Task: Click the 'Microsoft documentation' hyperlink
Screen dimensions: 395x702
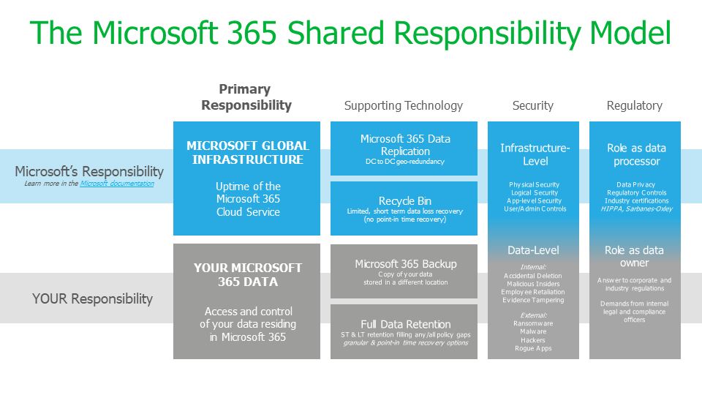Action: coord(117,184)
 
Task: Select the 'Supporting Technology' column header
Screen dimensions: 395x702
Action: coord(404,105)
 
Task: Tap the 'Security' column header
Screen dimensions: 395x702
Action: coord(532,105)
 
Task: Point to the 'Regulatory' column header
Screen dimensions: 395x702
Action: coord(634,105)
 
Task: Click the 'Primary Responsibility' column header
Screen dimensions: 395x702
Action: coord(246,97)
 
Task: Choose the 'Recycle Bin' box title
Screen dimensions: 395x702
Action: coord(404,201)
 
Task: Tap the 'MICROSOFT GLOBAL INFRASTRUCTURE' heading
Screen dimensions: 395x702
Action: coord(247,152)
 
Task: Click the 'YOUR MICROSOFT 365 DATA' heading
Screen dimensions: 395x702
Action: coord(247,274)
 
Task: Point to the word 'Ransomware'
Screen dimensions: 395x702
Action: coord(532,323)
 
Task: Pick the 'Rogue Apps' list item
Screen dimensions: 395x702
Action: coord(532,348)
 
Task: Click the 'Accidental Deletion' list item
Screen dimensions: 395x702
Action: coord(532,276)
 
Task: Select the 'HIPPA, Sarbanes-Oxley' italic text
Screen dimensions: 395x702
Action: coord(634,208)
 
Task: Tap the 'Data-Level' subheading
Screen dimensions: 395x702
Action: coord(532,250)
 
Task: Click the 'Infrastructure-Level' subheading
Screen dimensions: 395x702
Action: coord(533,154)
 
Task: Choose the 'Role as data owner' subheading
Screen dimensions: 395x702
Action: coord(634,256)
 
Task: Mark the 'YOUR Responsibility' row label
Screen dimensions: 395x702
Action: coord(92,298)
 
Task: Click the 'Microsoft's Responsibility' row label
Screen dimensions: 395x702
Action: coord(89,171)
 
